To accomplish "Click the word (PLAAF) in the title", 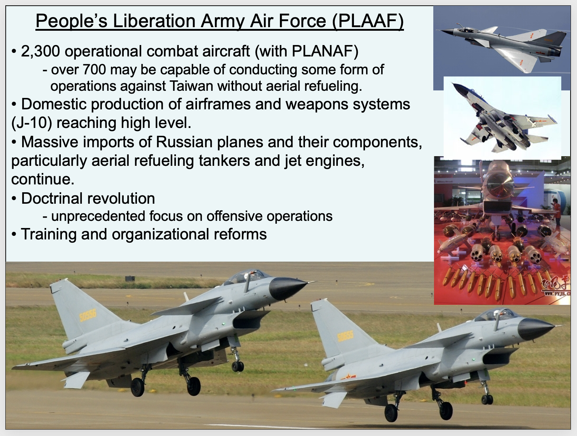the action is pos(368,21).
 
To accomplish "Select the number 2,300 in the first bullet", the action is pos(40,51).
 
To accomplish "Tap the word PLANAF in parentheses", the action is pos(322,51).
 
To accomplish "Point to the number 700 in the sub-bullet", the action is pos(94,70).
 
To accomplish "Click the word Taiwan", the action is pos(191,86).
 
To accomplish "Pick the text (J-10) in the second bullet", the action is pos(31,123).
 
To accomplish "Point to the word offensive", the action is pos(234,216).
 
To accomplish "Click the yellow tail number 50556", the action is pos(88,315).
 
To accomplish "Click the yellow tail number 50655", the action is pos(345,336).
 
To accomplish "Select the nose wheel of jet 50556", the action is pos(237,366).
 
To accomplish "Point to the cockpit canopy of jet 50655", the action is pos(494,314).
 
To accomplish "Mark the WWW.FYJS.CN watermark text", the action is pos(557,293).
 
